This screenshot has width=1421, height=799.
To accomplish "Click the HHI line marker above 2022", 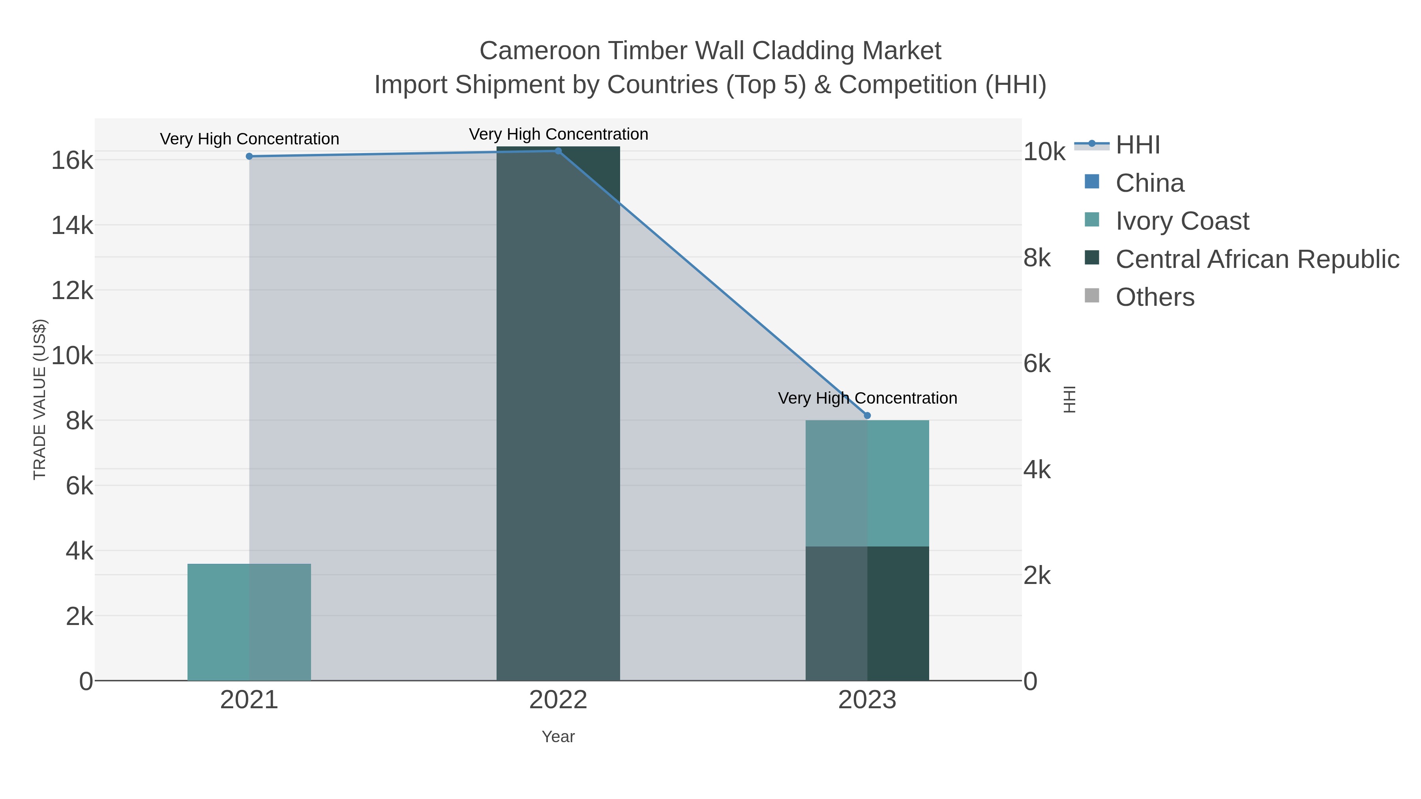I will point(558,151).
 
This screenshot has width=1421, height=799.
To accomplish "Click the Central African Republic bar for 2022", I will point(558,414).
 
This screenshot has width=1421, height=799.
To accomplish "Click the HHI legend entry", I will point(1138,145).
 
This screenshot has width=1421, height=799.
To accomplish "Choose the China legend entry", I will point(1149,183).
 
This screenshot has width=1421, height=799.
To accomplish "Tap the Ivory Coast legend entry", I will point(1181,221).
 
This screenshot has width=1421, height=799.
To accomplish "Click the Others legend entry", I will point(1155,297).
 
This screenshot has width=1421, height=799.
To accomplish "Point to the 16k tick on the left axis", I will point(72,161).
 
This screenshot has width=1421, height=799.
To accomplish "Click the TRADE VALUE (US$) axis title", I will point(40,399).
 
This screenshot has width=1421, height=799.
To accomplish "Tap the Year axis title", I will point(558,737).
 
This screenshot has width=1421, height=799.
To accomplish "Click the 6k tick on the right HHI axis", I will point(1037,364).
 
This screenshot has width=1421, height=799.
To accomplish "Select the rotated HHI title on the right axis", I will point(1069,399).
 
